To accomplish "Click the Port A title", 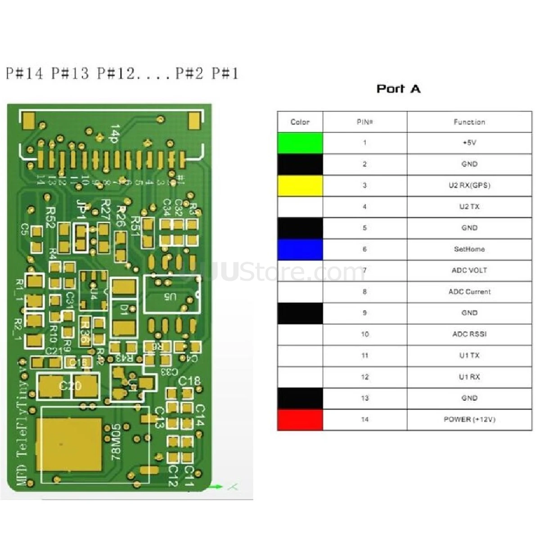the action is pyautogui.click(x=398, y=89).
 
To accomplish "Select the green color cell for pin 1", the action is pyautogui.click(x=300, y=143).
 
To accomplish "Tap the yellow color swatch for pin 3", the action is pyautogui.click(x=300, y=185).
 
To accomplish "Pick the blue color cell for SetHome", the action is pyautogui.click(x=300, y=249).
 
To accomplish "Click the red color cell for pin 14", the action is pyautogui.click(x=300, y=419).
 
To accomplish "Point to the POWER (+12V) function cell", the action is pyautogui.click(x=469, y=419).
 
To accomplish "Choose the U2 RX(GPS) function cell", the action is pyautogui.click(x=469, y=185).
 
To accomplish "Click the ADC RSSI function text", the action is pyautogui.click(x=469, y=334).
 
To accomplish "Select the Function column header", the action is pyautogui.click(x=469, y=122).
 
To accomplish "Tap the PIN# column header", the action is pyautogui.click(x=364, y=122).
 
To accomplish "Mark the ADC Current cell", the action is pyautogui.click(x=469, y=292).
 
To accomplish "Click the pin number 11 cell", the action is pyautogui.click(x=364, y=355).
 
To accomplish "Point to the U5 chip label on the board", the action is pyautogui.click(x=171, y=297).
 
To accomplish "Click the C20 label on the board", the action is pyautogui.click(x=71, y=386).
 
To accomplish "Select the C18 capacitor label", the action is pyautogui.click(x=189, y=381).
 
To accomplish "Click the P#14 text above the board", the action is pyautogui.click(x=25, y=73).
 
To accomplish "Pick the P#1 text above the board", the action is pyautogui.click(x=225, y=73).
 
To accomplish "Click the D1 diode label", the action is pyautogui.click(x=124, y=310).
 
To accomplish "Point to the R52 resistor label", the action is pyautogui.click(x=50, y=217).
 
